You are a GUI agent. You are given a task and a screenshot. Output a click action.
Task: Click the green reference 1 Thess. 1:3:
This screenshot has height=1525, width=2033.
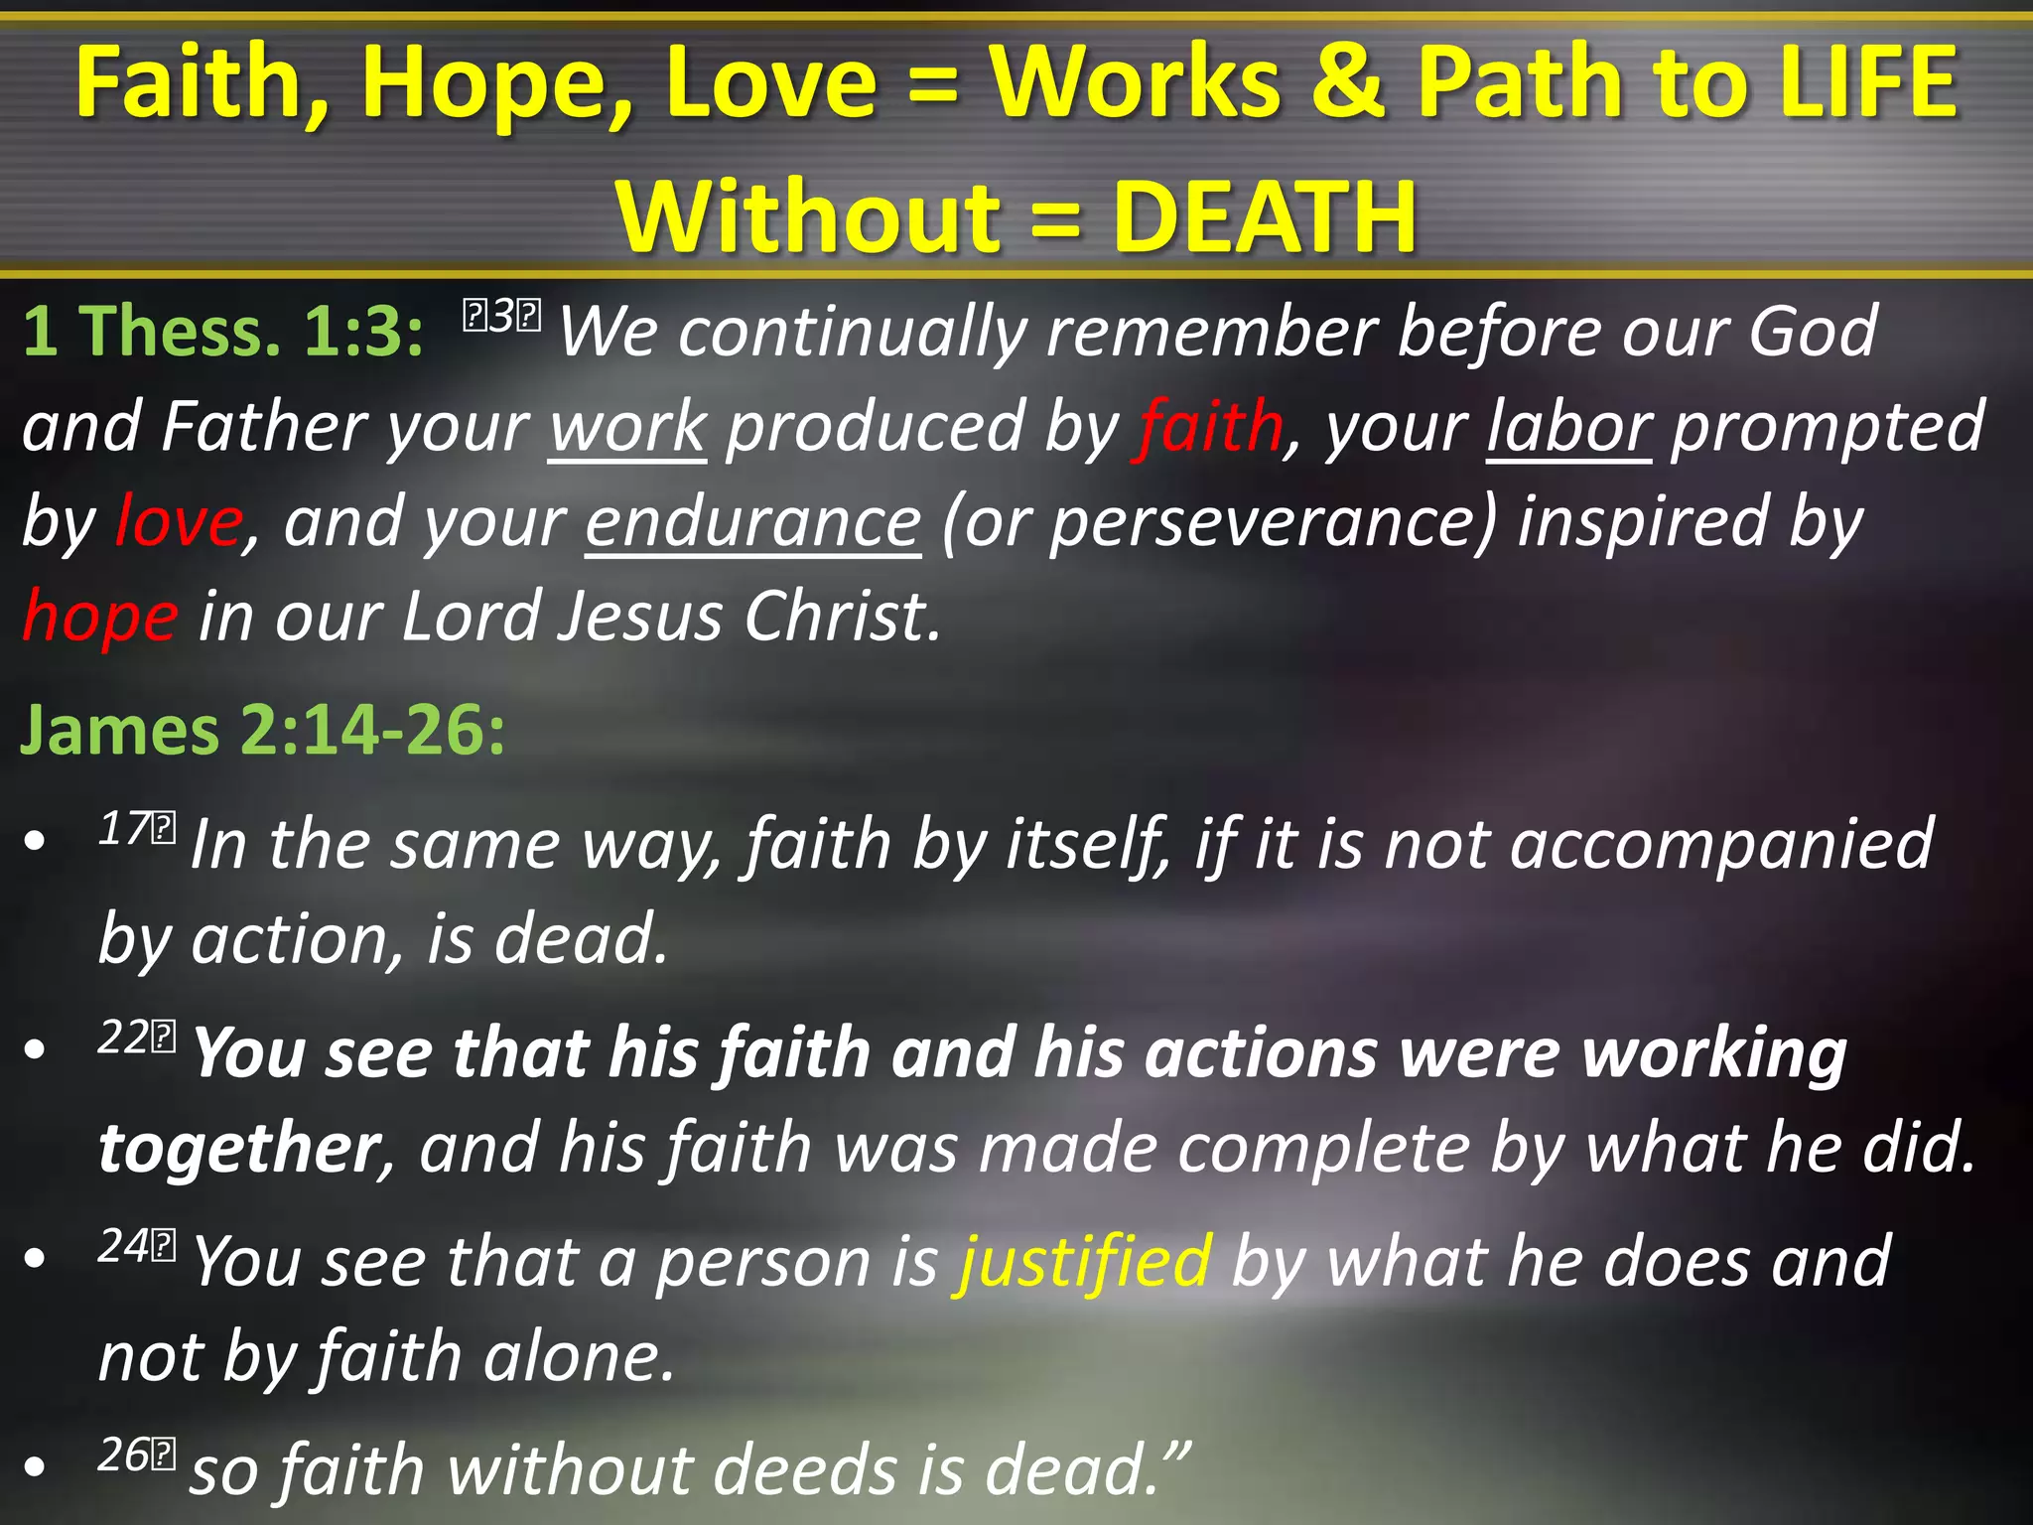tap(223, 331)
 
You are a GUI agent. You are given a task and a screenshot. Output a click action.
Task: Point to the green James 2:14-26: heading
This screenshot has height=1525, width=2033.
tap(262, 731)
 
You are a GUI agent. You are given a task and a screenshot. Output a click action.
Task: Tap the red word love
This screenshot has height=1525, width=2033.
tap(179, 522)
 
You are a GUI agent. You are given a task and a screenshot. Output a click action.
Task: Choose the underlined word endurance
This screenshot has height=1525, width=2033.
tap(752, 522)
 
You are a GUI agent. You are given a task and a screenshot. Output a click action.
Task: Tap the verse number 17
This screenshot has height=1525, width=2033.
tap(125, 827)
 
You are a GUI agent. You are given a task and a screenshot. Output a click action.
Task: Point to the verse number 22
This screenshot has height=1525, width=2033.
tap(125, 1038)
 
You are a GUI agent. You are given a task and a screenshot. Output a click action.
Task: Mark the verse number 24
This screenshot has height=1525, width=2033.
tap(125, 1245)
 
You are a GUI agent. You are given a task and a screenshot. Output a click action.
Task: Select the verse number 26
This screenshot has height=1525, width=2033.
tap(125, 1455)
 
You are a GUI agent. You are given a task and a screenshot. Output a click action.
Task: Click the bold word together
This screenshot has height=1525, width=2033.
tap(239, 1149)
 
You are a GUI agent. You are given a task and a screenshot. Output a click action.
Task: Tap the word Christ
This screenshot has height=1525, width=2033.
tap(840, 617)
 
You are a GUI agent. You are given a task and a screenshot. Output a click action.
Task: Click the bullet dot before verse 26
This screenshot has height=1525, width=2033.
tap(36, 1467)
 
